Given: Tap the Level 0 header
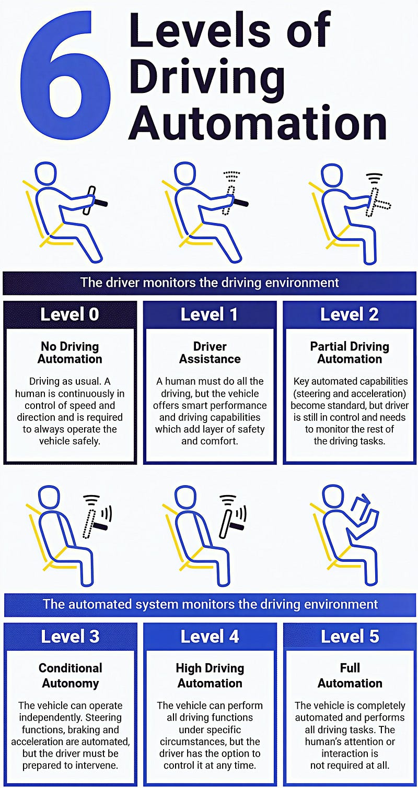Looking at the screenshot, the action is pos(69,314).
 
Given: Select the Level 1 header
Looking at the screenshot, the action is pos(210,314).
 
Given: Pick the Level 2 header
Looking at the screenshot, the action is pos(350,314).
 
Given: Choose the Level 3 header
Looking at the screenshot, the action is pos(70,636).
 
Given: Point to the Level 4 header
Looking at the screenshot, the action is pos(210,636).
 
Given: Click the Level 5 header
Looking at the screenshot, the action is pos(350,636).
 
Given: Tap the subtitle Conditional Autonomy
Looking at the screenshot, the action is pos(71,675).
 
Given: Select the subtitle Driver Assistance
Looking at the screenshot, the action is pos(210,352).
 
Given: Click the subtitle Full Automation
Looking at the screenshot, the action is pos(350,675).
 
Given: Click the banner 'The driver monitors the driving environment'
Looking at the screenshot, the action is pos(210,283).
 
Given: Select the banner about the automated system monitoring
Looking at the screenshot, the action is pos(210,604).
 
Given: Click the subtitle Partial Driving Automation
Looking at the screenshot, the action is pos(350,352).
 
